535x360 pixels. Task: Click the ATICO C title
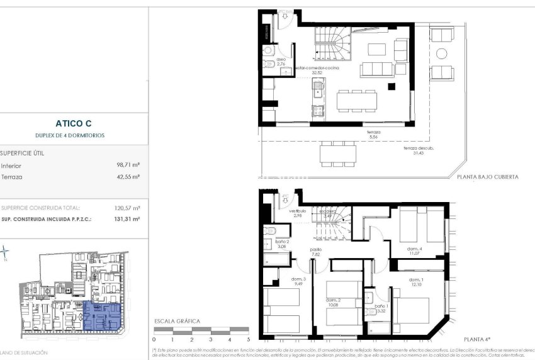click(x=74, y=124)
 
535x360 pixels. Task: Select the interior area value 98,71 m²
click(x=127, y=166)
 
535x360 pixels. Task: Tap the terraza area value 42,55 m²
click(x=127, y=177)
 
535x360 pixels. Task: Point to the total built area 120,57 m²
click(x=127, y=208)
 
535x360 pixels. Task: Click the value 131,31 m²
click(x=127, y=219)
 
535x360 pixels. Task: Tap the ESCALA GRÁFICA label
click(x=177, y=322)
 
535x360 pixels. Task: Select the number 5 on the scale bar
click(x=249, y=339)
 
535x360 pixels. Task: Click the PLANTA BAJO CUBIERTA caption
click(x=488, y=177)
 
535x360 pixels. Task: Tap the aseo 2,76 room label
click(x=281, y=62)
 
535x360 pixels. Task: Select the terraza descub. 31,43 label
click(x=415, y=151)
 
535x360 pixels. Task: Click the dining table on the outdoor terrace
click(x=337, y=153)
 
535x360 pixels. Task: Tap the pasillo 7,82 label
click(x=315, y=252)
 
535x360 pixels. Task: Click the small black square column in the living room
click(x=391, y=86)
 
